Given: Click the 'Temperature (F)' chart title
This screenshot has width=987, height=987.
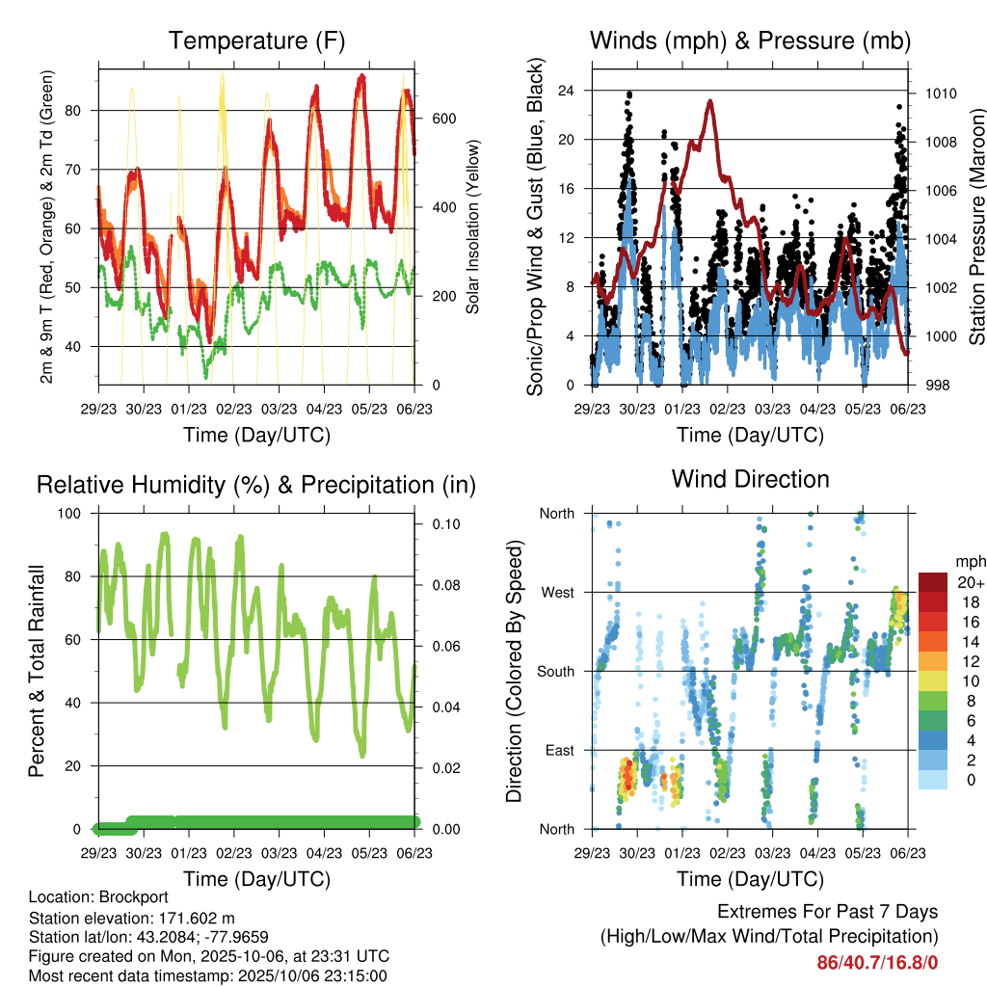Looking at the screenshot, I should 256,41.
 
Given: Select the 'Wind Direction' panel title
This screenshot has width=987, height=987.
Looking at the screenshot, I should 750,479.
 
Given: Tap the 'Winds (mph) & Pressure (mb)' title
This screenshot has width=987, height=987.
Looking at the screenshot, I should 750,41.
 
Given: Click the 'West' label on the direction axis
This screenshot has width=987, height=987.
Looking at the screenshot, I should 558,593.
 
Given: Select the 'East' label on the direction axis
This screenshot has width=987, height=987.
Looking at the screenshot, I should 559,751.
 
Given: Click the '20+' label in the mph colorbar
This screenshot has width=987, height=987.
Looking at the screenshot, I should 970,582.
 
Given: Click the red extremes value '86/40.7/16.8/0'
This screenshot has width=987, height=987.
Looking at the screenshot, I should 877,962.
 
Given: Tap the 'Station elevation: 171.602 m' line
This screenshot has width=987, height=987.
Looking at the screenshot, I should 132,918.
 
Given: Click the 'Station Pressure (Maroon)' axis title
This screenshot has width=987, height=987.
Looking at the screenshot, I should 976,227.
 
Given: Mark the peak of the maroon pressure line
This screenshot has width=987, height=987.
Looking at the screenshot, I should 710,100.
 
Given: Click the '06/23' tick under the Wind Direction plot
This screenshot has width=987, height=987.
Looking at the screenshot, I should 908,852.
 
